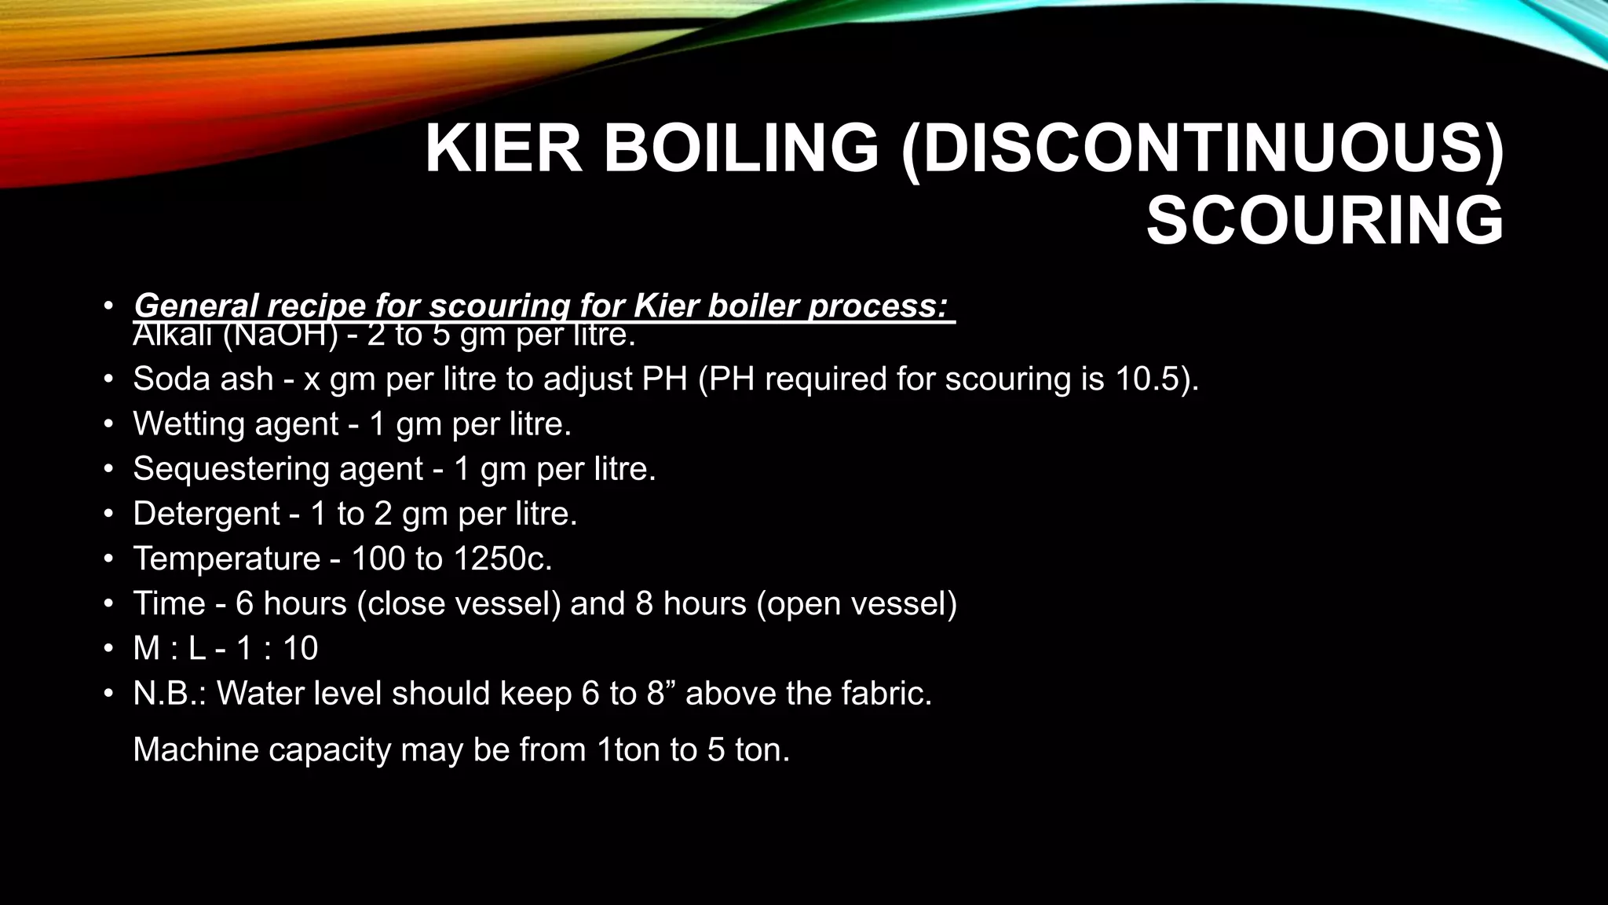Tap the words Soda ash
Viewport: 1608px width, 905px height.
[x=203, y=379]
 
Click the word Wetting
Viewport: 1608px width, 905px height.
[x=185, y=424]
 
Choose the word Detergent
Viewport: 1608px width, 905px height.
[x=206, y=514]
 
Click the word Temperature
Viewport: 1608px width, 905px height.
[x=227, y=559]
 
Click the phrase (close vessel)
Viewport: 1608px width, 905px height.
[x=459, y=603]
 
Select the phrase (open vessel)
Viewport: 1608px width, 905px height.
[x=857, y=603]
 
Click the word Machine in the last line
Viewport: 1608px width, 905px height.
[x=196, y=749]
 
